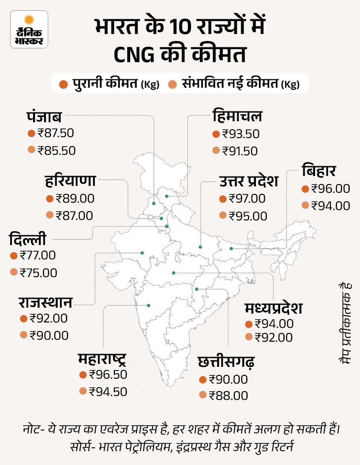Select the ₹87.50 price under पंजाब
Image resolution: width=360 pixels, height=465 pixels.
(x=57, y=134)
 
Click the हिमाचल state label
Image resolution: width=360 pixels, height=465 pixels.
(x=237, y=117)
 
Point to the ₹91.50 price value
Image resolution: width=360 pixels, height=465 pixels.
(x=241, y=150)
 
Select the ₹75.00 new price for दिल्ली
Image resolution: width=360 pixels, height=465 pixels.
(x=38, y=272)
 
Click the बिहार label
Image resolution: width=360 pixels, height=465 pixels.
(x=319, y=172)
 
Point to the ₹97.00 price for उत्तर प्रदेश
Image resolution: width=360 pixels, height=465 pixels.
(x=248, y=199)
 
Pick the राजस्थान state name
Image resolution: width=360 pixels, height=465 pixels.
(x=46, y=302)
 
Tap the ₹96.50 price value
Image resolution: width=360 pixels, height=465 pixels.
(x=108, y=374)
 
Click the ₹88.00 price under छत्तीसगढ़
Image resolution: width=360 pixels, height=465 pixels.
(x=228, y=395)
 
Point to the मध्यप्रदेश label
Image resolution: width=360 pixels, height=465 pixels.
(x=273, y=308)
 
